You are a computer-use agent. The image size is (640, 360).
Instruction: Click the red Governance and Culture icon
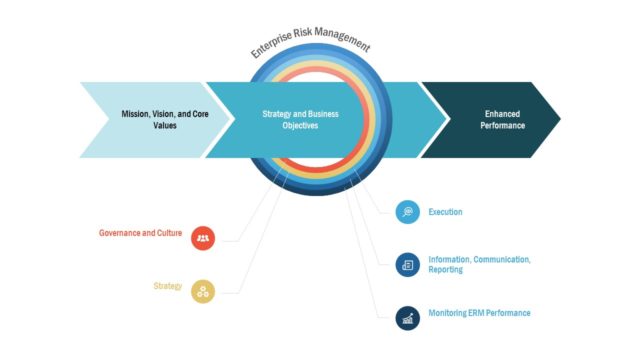(203, 238)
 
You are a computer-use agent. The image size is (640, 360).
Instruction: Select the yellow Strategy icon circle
(203, 290)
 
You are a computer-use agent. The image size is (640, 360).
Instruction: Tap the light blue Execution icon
(407, 212)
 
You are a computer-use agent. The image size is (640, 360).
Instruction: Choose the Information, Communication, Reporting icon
(407, 265)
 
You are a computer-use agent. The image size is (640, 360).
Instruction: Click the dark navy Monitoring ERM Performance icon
(407, 317)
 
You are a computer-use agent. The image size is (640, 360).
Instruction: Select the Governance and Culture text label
(140, 233)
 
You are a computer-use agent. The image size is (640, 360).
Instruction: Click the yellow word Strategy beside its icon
(167, 286)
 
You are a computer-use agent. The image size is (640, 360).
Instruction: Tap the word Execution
(445, 212)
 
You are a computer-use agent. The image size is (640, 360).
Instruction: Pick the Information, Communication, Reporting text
(478, 265)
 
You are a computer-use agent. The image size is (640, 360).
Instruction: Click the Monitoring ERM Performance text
(479, 313)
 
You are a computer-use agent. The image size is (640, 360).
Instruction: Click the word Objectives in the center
(300, 126)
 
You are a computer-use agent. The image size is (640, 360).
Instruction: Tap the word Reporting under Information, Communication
(446, 270)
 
